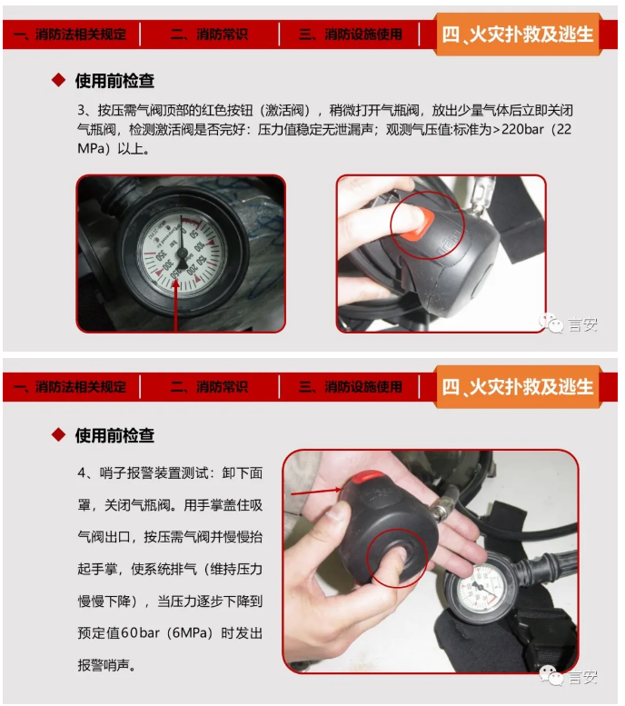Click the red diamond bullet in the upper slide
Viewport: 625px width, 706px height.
point(58,80)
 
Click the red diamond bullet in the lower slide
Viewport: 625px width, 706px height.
point(58,434)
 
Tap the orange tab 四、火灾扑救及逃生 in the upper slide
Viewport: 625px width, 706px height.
point(518,35)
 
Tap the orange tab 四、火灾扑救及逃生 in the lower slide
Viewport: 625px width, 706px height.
point(518,387)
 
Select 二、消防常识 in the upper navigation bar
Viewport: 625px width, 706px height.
point(209,35)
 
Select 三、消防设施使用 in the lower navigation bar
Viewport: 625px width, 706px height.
point(351,387)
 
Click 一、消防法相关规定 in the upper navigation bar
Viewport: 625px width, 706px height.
point(70,35)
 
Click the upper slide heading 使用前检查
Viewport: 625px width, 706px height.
point(114,81)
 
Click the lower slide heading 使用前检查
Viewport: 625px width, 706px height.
point(114,435)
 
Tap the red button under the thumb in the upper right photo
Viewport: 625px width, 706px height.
point(416,228)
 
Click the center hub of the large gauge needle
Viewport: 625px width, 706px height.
point(182,253)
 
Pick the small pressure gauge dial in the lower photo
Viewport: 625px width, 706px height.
point(479,589)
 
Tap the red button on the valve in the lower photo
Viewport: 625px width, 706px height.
point(367,477)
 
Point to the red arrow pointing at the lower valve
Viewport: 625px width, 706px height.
point(316,492)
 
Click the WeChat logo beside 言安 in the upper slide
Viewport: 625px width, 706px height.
point(551,323)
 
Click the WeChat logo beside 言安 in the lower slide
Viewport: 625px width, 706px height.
point(551,675)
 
